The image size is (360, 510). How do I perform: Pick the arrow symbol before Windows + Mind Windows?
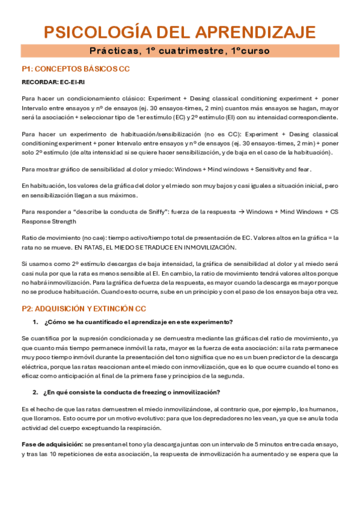coord(240,212)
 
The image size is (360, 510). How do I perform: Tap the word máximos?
coord(139,195)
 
